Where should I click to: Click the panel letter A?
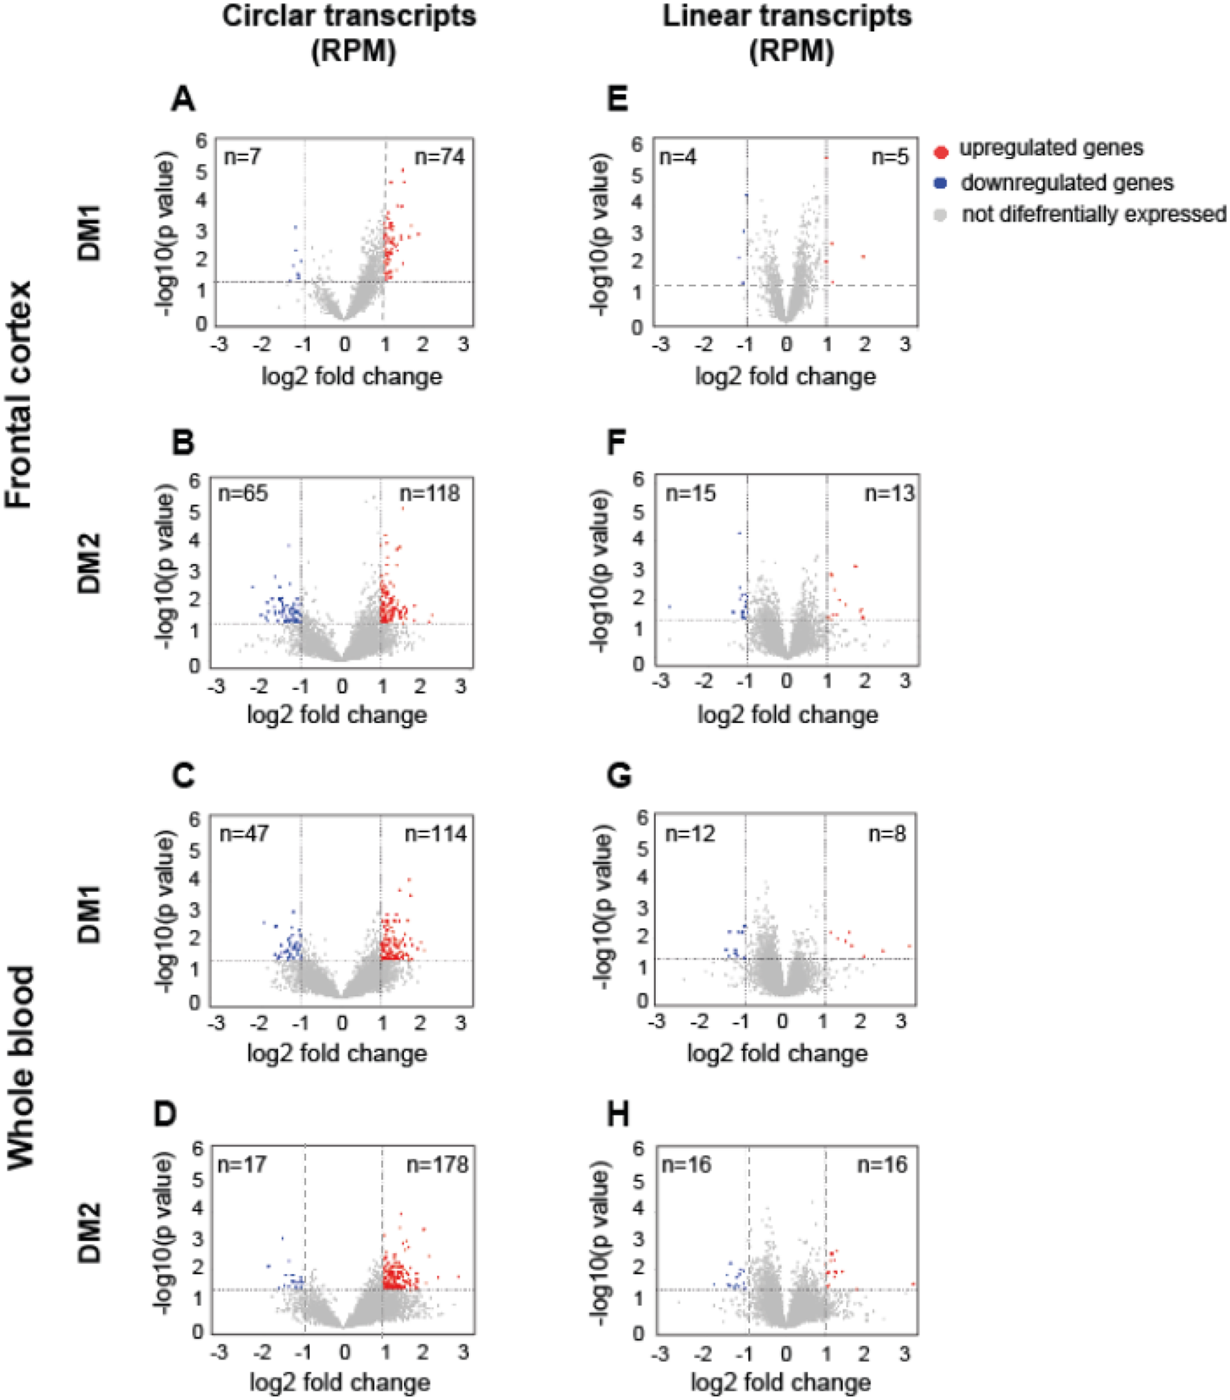click(183, 100)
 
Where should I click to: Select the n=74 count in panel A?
click(439, 157)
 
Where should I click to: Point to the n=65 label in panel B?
click(243, 493)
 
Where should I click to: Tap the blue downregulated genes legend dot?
click(942, 183)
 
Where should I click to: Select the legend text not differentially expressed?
click(1093, 214)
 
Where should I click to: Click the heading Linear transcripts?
click(787, 16)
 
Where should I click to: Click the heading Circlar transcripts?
click(349, 16)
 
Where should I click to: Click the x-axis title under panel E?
click(785, 376)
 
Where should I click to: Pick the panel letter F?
click(616, 443)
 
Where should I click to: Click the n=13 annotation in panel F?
click(889, 493)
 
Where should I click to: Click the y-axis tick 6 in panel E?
click(637, 143)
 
